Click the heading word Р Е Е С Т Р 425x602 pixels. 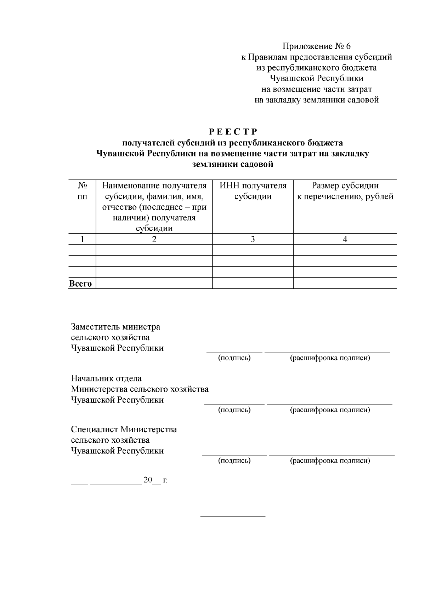233,132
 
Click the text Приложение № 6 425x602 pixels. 316,46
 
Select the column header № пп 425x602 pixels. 82,191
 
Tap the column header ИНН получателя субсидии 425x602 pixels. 253,191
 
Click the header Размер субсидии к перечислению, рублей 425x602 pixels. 345,191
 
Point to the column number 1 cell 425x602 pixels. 82,239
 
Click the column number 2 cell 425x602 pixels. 154,239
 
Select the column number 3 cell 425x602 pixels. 253,239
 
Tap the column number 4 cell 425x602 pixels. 345,239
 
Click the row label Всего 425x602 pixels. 80,283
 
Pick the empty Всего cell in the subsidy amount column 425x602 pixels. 345,283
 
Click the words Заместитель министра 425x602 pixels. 115,326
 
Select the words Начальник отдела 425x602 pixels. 106,379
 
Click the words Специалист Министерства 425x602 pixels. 124,430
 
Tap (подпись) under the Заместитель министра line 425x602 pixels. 234,358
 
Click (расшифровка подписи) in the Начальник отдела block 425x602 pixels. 330,410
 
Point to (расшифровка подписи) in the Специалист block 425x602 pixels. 330,461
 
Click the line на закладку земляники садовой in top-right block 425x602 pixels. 317,100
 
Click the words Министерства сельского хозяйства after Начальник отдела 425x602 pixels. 140,389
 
